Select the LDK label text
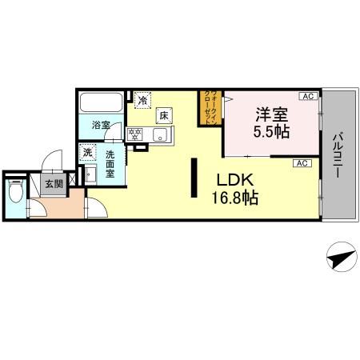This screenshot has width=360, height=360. click(x=234, y=181)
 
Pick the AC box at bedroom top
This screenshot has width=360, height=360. click(x=307, y=97)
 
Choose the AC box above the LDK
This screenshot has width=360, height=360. click(x=302, y=163)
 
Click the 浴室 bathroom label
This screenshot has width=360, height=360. click(x=100, y=125)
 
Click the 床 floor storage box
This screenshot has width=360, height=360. click(x=163, y=115)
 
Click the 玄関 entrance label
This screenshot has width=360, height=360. click(x=54, y=186)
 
